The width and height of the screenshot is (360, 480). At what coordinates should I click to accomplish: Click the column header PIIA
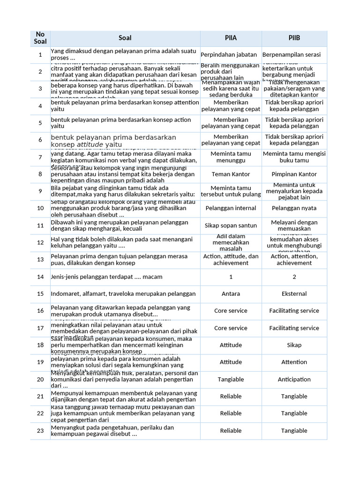231,38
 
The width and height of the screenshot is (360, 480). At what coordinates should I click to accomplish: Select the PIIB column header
294,38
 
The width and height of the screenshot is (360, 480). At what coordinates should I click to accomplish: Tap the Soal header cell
125,38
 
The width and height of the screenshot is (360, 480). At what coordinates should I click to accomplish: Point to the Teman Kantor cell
231,174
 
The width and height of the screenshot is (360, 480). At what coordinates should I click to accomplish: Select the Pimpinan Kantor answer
294,174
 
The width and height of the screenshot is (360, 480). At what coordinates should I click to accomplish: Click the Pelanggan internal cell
231,208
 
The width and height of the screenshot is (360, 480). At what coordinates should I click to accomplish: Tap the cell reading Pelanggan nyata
294,208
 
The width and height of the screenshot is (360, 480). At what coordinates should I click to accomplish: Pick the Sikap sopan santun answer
231,225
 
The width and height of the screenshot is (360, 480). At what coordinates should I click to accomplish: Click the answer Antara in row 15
231,294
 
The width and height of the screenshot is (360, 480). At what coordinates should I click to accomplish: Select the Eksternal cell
294,294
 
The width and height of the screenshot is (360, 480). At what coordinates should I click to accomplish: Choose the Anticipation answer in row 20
294,379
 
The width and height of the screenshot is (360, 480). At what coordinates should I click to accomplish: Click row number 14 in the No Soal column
40,277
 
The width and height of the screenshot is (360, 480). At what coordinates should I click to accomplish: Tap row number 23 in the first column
40,430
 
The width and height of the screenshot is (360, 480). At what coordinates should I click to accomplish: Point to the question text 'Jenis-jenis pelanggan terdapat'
106,277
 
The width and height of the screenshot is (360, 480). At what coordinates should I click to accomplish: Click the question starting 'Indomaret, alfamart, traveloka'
123,294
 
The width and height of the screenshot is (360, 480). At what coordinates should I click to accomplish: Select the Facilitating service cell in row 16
294,311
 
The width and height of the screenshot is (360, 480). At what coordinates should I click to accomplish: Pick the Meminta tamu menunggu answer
231,157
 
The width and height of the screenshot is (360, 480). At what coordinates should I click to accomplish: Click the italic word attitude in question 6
90,145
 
